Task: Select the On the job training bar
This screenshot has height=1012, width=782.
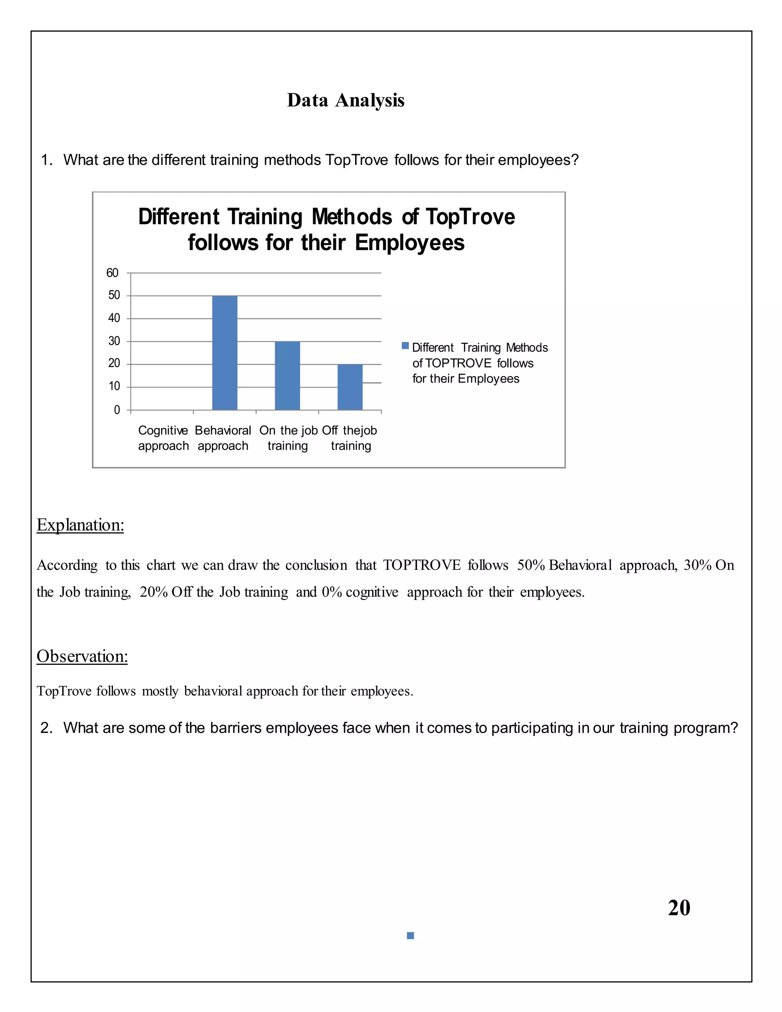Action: coord(287,376)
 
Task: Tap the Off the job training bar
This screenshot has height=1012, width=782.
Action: coord(350,387)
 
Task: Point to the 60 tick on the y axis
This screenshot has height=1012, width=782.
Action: coord(113,273)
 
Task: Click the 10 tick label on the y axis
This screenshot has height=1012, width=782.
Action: coord(114,386)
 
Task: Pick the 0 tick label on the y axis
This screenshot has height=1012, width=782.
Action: coord(117,410)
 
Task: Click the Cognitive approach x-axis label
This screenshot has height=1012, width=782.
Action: coord(163,438)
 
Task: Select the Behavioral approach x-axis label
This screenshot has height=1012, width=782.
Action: coord(223,438)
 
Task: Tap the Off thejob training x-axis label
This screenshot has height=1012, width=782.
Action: coord(350,438)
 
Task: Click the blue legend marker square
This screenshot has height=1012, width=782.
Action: coord(405,346)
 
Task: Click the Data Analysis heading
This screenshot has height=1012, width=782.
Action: coord(346,100)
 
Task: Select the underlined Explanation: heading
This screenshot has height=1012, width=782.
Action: coord(80,525)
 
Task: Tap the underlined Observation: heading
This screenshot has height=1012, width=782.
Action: coord(82,656)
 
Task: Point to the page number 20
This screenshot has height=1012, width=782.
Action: coord(679,908)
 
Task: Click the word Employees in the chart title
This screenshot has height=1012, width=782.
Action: coord(410,243)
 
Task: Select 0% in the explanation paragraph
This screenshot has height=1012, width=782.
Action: coord(332,592)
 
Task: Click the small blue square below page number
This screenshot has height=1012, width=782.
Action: coord(410,936)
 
